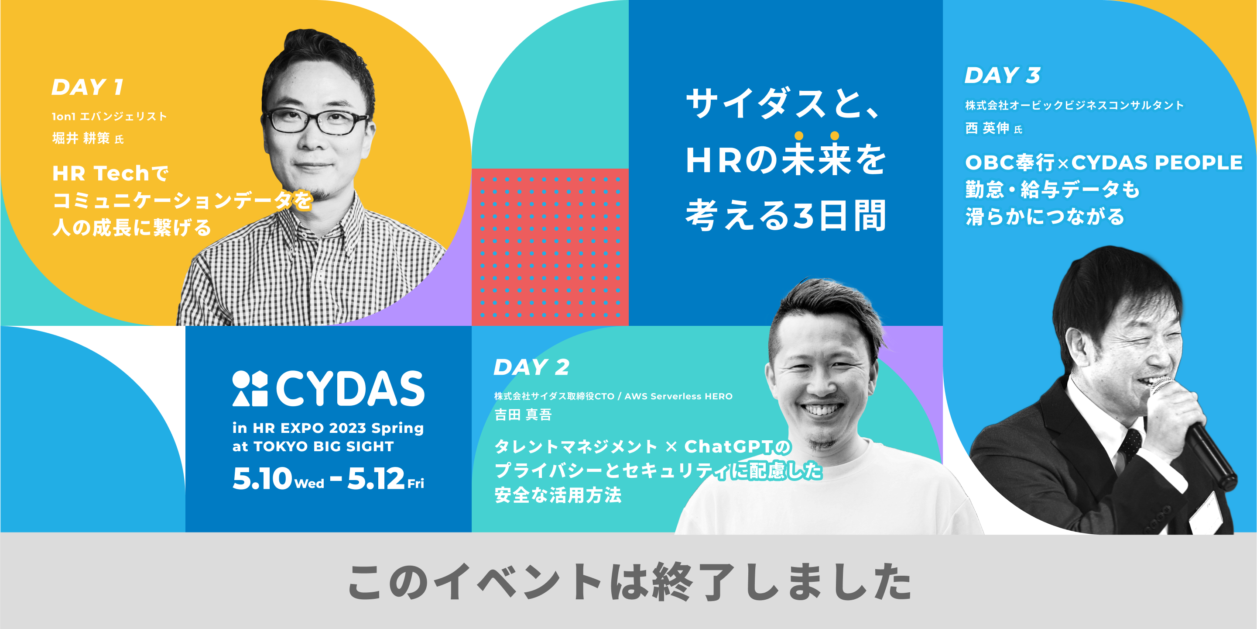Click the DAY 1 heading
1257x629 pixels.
[x=87, y=87]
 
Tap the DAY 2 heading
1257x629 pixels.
[x=532, y=367]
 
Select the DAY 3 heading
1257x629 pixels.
[x=1003, y=75]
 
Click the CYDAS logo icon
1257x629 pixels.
[x=250, y=388]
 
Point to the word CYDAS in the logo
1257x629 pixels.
[x=350, y=388]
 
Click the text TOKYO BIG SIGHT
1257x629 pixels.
[x=323, y=446]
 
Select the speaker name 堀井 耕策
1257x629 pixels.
[x=81, y=138]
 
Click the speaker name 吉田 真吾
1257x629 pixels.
[x=523, y=415]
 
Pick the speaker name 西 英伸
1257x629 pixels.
[x=987, y=128]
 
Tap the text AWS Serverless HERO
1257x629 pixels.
[x=679, y=396]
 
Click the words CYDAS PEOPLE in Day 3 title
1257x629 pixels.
[x=1157, y=162]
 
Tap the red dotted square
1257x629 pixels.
[x=550, y=247]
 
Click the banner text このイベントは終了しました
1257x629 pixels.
[x=629, y=581]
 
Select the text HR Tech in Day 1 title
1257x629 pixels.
[x=100, y=173]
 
